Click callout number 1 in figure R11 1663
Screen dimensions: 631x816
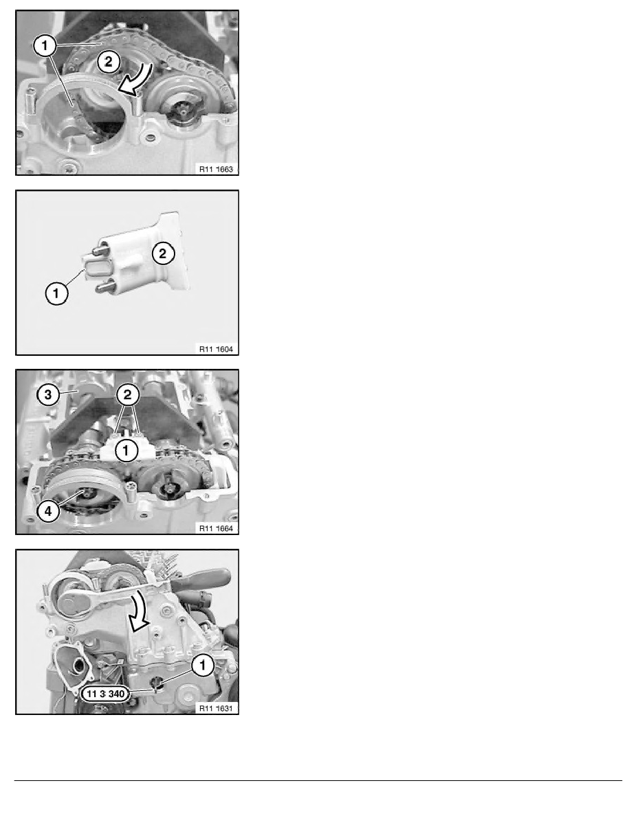point(45,45)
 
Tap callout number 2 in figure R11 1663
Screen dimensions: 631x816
point(109,62)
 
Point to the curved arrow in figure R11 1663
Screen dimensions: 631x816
point(136,80)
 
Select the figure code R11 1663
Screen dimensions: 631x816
point(216,169)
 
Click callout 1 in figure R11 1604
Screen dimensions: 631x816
point(56,293)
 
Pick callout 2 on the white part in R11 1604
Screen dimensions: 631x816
point(163,253)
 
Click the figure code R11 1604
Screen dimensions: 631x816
point(216,349)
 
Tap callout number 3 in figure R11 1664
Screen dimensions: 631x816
point(48,394)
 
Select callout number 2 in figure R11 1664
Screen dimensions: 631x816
point(127,394)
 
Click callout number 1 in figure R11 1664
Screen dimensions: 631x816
point(126,450)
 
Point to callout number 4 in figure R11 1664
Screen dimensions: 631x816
point(48,511)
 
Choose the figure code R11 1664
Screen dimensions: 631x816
point(216,529)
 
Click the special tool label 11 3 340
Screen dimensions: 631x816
point(105,694)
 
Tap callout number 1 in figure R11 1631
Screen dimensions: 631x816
point(203,665)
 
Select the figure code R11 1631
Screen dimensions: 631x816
point(216,708)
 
